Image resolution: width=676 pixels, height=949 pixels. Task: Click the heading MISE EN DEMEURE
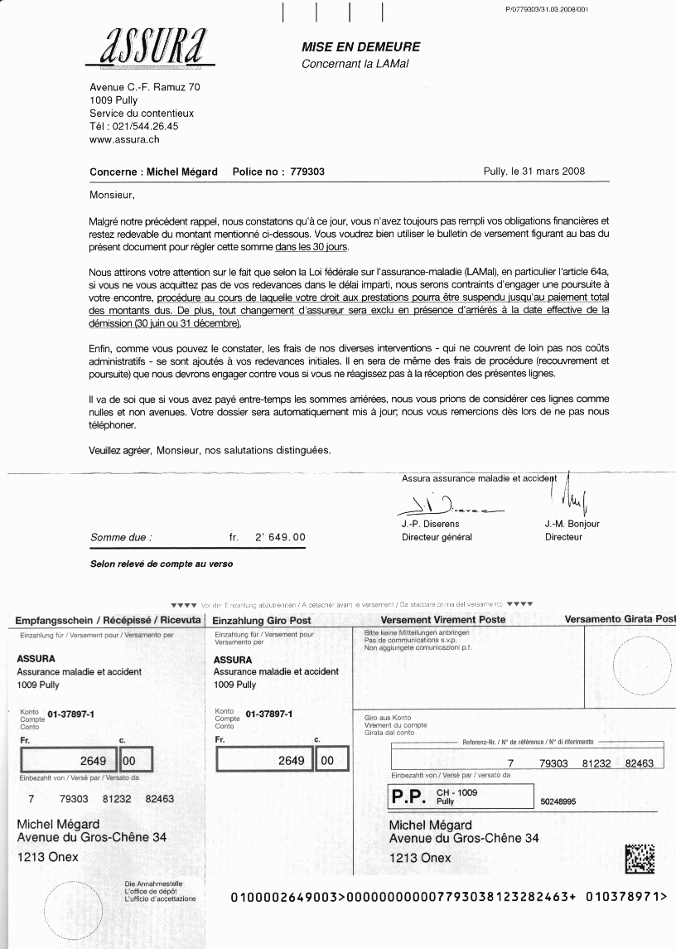[360, 47]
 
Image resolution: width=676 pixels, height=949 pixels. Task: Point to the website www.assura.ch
[124, 140]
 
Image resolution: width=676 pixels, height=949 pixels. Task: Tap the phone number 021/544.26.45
[145, 127]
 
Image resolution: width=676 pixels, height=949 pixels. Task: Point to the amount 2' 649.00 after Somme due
[278, 537]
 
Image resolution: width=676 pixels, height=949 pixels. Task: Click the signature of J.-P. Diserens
[437, 505]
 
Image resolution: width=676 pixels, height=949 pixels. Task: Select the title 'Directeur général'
[437, 537]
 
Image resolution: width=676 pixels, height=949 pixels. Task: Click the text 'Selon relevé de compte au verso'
[162, 564]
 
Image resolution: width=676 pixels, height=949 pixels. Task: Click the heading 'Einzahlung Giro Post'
[262, 620]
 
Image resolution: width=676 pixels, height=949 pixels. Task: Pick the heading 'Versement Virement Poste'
[442, 620]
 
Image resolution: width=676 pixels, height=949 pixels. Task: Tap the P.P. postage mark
[408, 797]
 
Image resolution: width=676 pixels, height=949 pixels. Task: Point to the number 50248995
[558, 802]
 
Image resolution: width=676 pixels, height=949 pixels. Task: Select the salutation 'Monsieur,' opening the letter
[111, 196]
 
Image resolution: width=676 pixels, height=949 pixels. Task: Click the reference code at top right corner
[546, 8]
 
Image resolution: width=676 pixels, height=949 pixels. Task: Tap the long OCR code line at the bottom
[448, 896]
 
